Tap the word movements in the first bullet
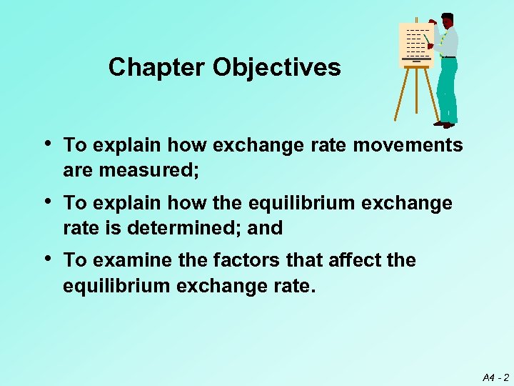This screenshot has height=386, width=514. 408,145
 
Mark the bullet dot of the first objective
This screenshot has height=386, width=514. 47,144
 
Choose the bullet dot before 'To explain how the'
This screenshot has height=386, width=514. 47,202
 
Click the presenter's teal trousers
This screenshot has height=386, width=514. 448,89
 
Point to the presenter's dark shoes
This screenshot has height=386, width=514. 444,124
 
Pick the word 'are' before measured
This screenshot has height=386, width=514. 78,172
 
